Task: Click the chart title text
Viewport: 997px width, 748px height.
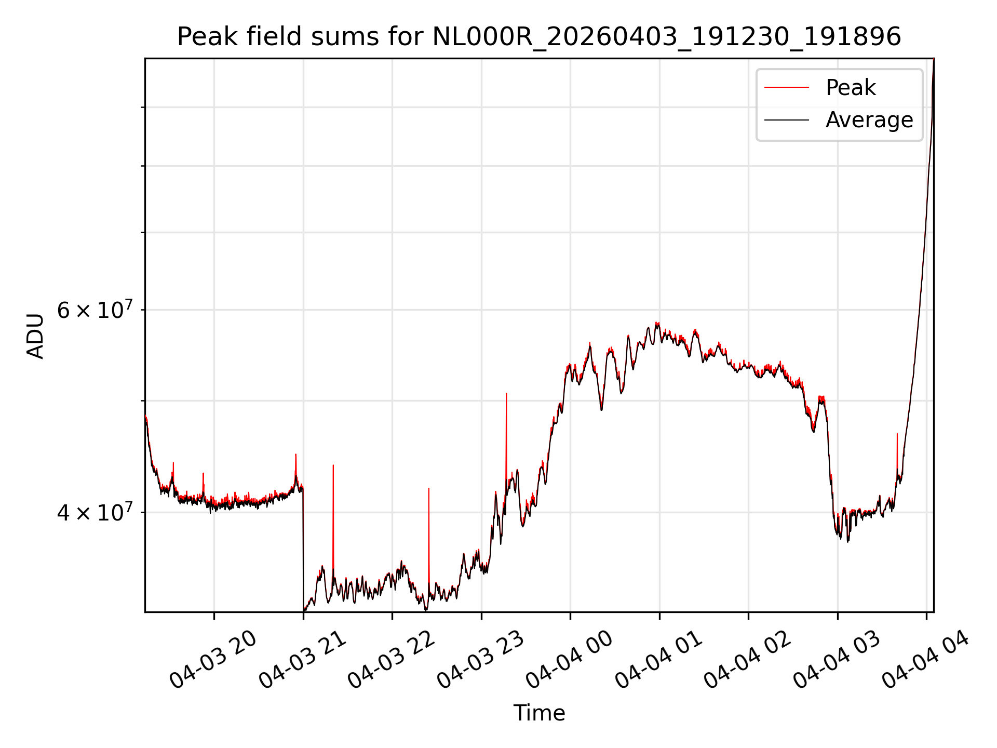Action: point(539,37)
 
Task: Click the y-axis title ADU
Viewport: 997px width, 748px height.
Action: point(35,336)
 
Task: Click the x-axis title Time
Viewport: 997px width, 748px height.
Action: point(539,713)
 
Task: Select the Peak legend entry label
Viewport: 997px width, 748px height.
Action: point(851,87)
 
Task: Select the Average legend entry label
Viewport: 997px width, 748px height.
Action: point(869,120)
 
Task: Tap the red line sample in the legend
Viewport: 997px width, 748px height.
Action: point(787,87)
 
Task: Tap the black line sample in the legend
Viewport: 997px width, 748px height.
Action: point(787,120)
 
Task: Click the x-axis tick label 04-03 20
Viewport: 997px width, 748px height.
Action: point(213,660)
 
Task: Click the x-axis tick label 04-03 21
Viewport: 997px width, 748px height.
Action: point(302,660)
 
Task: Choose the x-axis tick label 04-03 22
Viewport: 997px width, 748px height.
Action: point(391,660)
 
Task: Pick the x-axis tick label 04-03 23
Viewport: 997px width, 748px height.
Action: point(480,660)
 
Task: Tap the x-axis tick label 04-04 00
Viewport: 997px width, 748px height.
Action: point(569,660)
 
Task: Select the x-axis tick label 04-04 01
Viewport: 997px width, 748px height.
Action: point(658,660)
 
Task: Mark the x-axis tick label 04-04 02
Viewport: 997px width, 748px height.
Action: point(747,660)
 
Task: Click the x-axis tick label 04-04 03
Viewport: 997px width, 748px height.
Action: point(837,660)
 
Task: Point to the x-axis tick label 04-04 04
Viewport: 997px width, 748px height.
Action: point(925,660)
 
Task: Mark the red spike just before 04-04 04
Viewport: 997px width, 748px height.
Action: point(897,452)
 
